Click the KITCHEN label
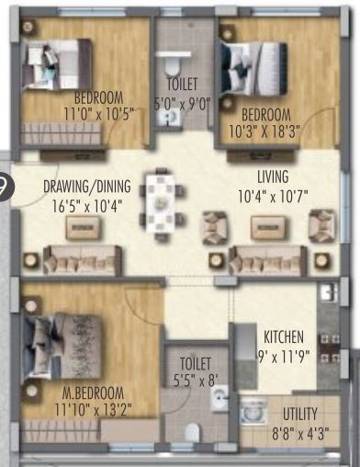point(284,336)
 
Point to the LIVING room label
point(274,177)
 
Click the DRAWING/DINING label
point(87,187)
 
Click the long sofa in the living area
point(266,260)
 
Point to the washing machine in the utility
point(250,412)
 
